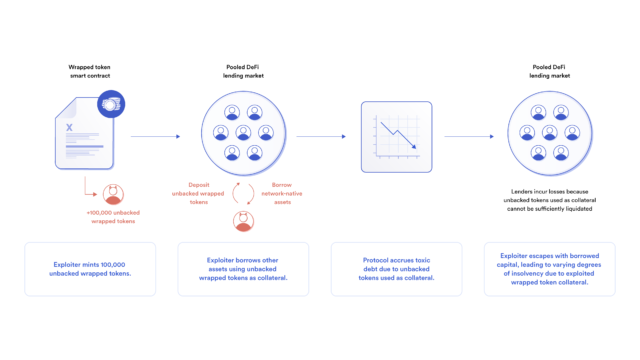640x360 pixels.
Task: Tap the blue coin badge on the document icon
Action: tap(110, 103)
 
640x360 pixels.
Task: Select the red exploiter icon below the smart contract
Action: tap(115, 193)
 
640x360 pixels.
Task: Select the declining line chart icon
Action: tap(395, 137)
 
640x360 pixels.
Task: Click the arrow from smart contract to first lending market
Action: tap(155, 137)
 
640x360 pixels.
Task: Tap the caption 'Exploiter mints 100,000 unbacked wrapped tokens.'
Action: tap(91, 269)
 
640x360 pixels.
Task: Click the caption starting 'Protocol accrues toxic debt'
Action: tap(395, 269)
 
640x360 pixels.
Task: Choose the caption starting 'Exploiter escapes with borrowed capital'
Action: tap(546, 269)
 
